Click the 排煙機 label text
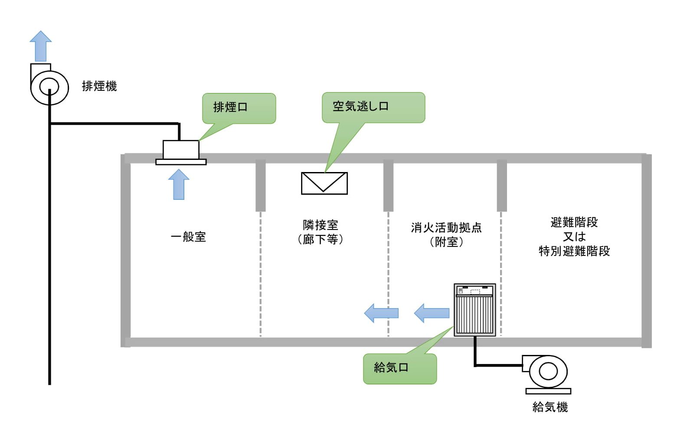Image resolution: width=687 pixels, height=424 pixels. tap(99, 86)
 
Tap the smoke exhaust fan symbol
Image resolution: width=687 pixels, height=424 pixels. tap(49, 86)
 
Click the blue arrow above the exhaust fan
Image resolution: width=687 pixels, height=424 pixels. tap(41, 46)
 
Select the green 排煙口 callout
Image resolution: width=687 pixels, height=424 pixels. tap(239, 108)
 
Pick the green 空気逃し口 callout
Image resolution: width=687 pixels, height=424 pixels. tap(373, 107)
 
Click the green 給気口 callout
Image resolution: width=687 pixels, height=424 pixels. tap(399, 368)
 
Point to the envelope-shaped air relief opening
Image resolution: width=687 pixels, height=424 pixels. tap(324, 183)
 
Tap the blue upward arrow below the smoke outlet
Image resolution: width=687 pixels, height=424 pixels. tap(179, 185)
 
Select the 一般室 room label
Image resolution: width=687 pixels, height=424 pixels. tap(188, 237)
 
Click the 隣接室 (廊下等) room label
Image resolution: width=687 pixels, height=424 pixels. tap(321, 232)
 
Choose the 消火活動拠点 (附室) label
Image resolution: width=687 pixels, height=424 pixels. tap(446, 235)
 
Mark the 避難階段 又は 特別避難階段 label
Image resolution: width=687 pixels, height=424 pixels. tap(574, 237)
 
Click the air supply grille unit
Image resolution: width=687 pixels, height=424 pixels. tap(475, 310)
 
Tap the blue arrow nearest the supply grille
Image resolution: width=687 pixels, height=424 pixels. tap(432, 313)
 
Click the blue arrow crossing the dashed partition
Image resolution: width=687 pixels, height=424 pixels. tap(381, 313)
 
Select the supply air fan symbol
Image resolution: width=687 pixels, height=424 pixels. tap(548, 372)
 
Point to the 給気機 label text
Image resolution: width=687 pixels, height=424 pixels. tap(550, 407)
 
